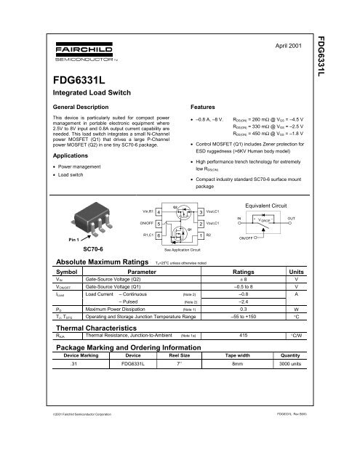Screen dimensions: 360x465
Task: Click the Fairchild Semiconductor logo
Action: click(x=65, y=52)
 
